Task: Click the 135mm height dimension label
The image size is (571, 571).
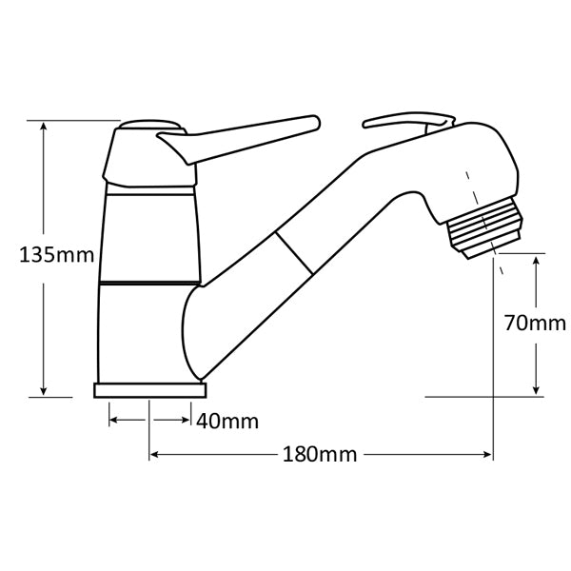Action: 56,255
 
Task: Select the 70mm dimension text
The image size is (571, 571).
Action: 534,323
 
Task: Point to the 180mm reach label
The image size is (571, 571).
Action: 320,455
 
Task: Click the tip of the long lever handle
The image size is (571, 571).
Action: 311,123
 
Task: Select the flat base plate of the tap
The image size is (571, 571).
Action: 150,390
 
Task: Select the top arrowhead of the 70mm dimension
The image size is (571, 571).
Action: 538,258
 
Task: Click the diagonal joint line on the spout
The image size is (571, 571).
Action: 294,255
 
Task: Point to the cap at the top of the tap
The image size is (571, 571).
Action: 149,125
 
